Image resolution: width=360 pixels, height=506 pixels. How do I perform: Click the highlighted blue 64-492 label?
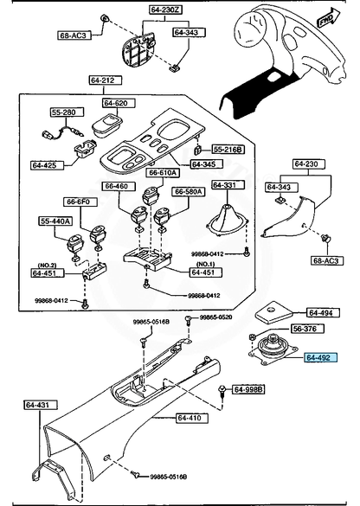click(320, 357)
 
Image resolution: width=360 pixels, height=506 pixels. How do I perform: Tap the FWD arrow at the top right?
click(329, 18)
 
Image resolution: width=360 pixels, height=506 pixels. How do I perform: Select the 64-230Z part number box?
click(166, 10)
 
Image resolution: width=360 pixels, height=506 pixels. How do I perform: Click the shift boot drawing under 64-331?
click(228, 221)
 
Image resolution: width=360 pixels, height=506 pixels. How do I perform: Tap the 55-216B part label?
click(228, 150)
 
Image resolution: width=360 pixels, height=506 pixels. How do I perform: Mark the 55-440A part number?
click(55, 221)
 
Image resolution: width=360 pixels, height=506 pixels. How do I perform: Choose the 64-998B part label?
click(248, 389)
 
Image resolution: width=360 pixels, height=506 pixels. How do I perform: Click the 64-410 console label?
click(192, 419)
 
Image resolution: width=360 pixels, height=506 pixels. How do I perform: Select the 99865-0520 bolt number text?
click(215, 317)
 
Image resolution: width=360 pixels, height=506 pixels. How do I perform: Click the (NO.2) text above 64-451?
click(47, 266)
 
